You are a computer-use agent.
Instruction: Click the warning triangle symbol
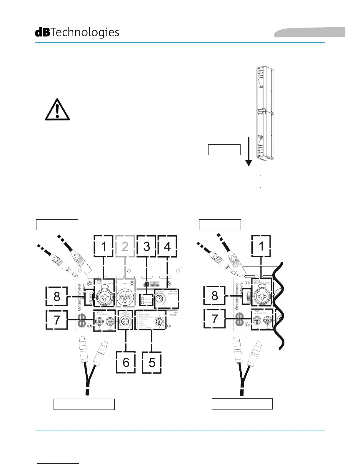pyautogui.click(x=57, y=110)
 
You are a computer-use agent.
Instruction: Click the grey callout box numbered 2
pyautogui.click(x=125, y=246)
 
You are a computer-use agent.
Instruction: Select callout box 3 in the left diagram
pyautogui.click(x=147, y=246)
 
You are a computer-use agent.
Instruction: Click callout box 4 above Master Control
pyautogui.click(x=167, y=246)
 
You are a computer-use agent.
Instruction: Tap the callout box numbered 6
pyautogui.click(x=126, y=362)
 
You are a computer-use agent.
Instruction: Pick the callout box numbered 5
pyautogui.click(x=152, y=362)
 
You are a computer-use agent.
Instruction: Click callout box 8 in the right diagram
pyautogui.click(x=214, y=296)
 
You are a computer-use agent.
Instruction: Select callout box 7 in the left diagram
pyautogui.click(x=57, y=319)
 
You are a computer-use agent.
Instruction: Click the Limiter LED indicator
pyautogui.click(x=143, y=299)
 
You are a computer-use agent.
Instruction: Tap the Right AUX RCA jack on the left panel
pyautogui.click(x=110, y=321)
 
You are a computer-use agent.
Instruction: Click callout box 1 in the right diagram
pyautogui.click(x=261, y=246)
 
